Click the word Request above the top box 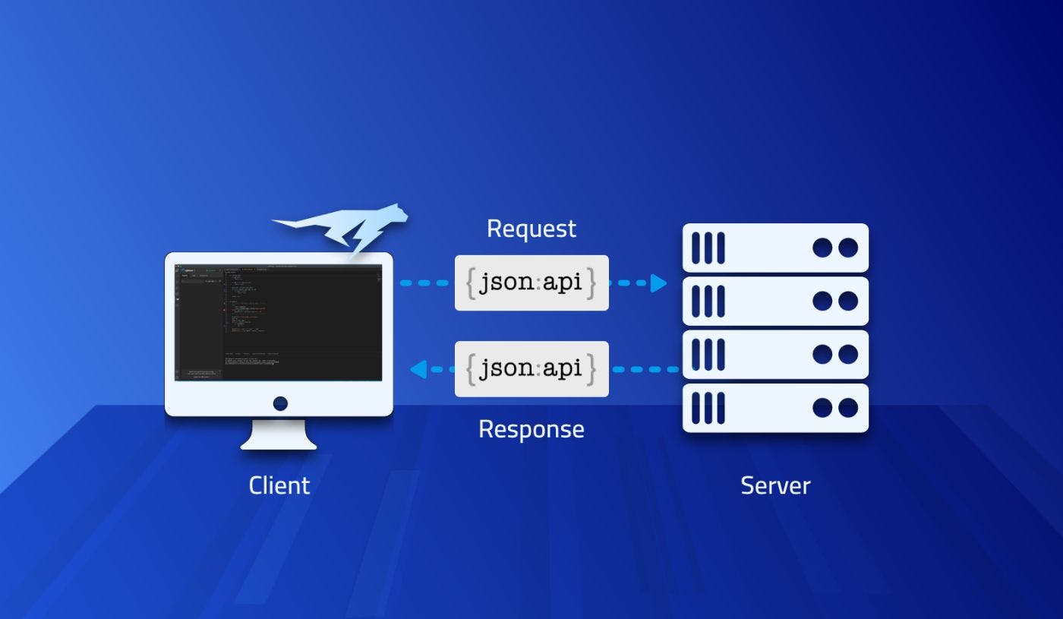point(531,229)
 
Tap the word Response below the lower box point(531,429)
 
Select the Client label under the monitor point(279,485)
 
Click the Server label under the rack point(775,485)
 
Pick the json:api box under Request point(531,283)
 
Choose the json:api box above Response point(531,369)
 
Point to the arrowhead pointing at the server point(658,283)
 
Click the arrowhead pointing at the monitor point(417,370)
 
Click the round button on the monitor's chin point(280,403)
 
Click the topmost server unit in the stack point(775,248)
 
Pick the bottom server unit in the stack point(775,408)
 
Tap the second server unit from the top point(775,301)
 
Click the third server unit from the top point(775,354)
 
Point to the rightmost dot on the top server point(847,248)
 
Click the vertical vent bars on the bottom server point(708,408)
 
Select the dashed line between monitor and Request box point(425,283)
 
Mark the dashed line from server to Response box point(645,370)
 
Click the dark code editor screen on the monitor point(279,322)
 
